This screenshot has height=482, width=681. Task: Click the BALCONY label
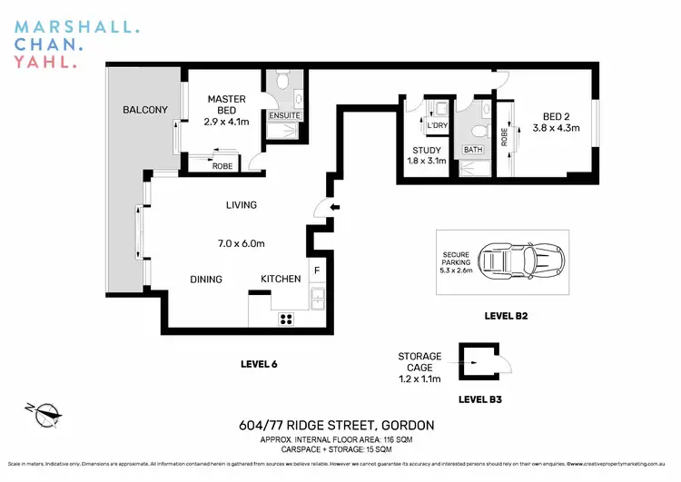145,111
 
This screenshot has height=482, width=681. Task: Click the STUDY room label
426,151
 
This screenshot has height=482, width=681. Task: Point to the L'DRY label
438,125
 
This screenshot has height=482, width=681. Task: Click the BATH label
473,150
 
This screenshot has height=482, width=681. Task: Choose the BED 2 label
558,116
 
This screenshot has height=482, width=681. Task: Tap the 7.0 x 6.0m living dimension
239,244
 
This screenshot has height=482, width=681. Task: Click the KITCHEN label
281,279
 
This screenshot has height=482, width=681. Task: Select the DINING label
206,279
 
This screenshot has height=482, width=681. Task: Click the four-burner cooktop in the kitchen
286,318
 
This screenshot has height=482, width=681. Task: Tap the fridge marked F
316,271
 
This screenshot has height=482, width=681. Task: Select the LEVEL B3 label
480,398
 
